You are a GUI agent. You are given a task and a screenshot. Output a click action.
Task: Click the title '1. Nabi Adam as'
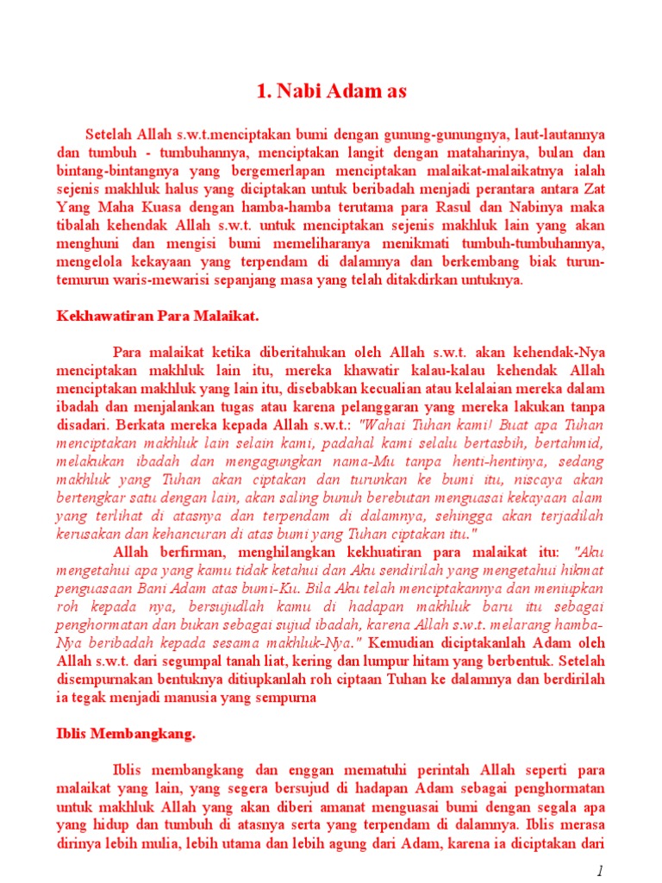coord(331,91)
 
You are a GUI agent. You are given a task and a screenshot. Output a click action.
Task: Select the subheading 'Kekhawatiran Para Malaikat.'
coord(153,316)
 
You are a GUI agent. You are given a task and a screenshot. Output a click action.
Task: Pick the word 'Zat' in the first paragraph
coord(594,193)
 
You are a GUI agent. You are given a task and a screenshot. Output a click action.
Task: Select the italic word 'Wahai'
coord(380,424)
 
